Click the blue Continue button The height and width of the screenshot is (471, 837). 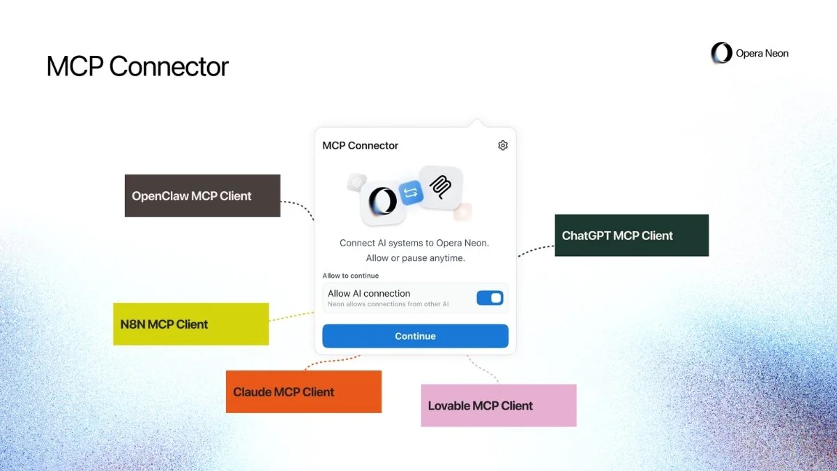tap(415, 336)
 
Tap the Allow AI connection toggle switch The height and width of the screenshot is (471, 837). tap(490, 298)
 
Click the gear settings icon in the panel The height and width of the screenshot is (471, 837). tap(503, 145)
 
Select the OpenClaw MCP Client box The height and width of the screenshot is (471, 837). tap(202, 196)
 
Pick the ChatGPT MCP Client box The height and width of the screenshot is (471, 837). tap(631, 236)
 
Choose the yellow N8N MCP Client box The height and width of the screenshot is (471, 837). tap(190, 324)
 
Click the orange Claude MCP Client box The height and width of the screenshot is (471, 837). tap(303, 392)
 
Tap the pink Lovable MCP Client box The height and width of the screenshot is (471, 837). tap(499, 405)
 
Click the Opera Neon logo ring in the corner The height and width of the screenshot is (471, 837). tap(721, 53)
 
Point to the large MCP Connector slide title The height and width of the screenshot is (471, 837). tap(137, 66)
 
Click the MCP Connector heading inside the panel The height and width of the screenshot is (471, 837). tap(360, 146)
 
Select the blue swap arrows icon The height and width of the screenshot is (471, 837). tap(412, 192)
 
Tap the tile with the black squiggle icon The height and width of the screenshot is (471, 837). tap(440, 186)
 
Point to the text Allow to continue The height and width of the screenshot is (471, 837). tap(350, 276)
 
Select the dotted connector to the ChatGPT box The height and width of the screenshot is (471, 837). tap(536, 250)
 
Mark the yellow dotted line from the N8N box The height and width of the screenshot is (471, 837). tap(292, 316)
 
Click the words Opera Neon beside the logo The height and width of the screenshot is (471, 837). tap(762, 53)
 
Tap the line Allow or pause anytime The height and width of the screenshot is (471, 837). tap(415, 258)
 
